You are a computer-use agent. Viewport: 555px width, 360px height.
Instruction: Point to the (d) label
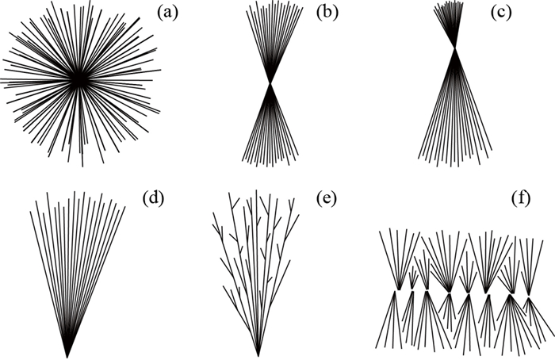tap(153, 197)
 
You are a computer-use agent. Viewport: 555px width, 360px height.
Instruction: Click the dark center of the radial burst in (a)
tap(79, 80)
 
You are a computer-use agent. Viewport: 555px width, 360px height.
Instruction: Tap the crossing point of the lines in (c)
tap(454, 49)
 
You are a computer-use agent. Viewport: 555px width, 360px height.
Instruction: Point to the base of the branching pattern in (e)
tap(258, 354)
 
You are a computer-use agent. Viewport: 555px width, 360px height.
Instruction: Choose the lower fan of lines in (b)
tap(271, 131)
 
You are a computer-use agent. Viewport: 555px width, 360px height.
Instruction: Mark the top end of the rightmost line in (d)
tap(124, 208)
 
